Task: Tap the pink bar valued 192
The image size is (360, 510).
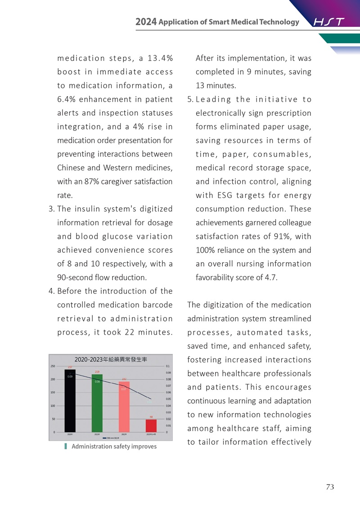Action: coord(124,407)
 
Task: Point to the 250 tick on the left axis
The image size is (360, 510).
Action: coord(53,366)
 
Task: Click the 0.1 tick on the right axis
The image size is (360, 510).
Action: coord(167,366)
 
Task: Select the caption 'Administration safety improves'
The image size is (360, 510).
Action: coord(114,446)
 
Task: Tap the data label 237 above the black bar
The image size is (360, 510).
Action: coord(70,367)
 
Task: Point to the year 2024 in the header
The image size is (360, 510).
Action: coord(146,22)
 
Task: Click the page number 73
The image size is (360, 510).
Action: coord(330,487)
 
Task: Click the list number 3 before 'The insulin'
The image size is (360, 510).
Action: coord(50,209)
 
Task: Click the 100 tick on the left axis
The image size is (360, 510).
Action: coord(53,406)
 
